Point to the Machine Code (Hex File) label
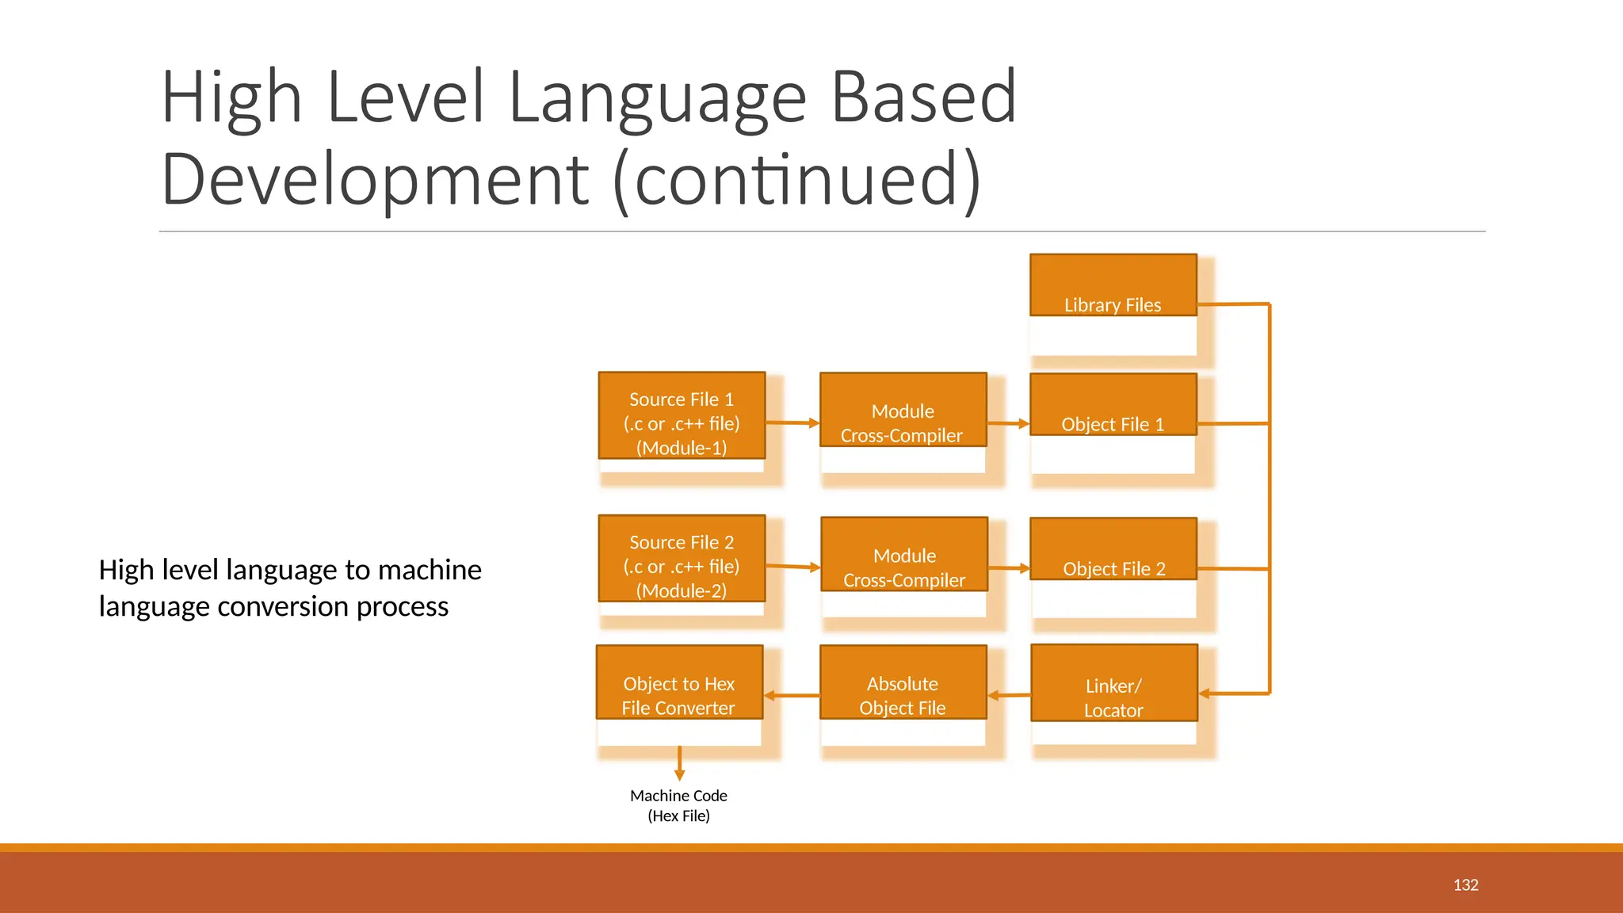point(678,805)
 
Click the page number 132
point(1465,885)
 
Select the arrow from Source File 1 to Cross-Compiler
point(792,423)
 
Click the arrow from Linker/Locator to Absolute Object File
point(1009,696)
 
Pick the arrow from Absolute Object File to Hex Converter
point(791,696)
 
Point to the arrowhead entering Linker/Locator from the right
point(1205,693)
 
